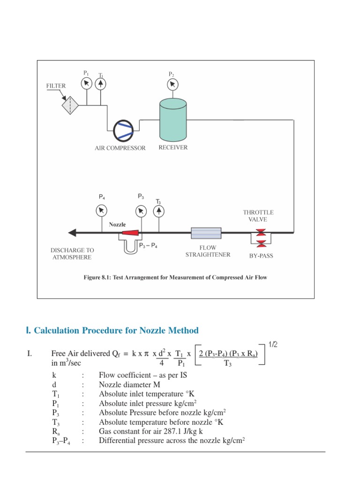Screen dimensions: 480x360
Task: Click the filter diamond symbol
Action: coord(72,105)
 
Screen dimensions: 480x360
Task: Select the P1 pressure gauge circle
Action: coord(86,84)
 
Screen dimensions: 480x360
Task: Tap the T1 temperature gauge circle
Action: coord(101,84)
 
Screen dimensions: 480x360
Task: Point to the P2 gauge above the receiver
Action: coord(172,84)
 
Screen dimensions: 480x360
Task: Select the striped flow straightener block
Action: coord(206,232)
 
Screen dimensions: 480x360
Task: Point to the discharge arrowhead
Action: coord(72,232)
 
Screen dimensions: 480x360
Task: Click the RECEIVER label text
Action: coord(172,147)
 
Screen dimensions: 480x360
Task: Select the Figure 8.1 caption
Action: coord(175,277)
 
